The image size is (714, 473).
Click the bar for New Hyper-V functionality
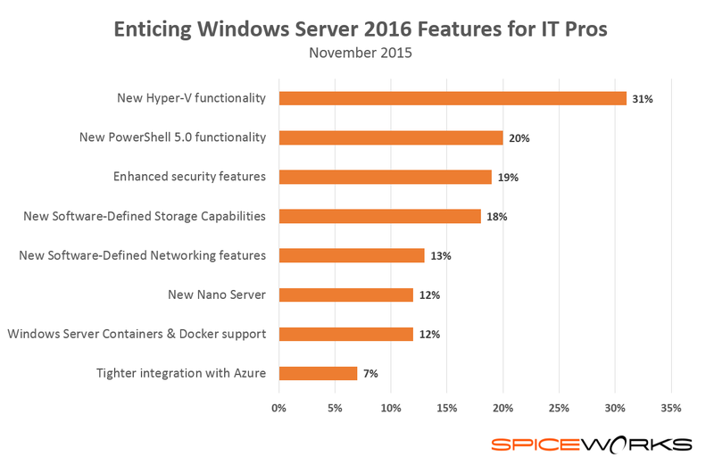click(452, 98)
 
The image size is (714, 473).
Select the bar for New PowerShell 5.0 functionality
click(391, 137)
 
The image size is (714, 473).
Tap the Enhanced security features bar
click(386, 177)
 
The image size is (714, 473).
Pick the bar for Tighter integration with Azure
click(318, 373)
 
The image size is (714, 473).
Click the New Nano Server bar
click(346, 295)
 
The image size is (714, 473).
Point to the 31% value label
click(643, 99)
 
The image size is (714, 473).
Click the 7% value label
click(369, 374)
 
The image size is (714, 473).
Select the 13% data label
click(441, 256)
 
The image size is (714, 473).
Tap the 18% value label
click(497, 217)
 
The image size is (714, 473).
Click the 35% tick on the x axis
click(671, 408)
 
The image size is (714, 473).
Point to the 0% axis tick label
click(278, 408)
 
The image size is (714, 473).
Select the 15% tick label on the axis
click(447, 408)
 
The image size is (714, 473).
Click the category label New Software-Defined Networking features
click(143, 255)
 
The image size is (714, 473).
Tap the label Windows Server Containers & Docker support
click(137, 334)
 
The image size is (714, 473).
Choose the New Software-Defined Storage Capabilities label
click(144, 216)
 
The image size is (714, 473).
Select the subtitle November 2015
click(361, 53)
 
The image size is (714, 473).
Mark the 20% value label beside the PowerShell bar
click(519, 138)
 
